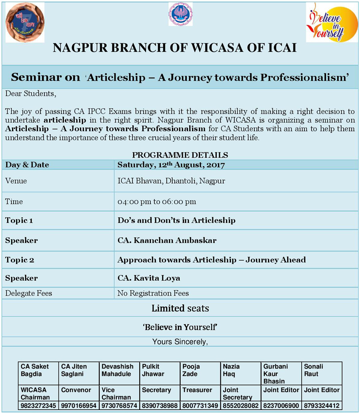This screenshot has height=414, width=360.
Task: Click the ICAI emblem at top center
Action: coord(180,14)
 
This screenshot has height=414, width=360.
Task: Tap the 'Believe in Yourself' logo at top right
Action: coord(332,22)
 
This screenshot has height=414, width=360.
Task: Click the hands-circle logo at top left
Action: coord(25,22)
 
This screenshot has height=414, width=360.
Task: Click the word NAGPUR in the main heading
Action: coord(76,48)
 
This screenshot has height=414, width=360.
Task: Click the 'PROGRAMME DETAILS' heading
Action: coord(180,155)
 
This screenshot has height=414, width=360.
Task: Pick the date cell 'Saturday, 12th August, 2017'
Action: coord(171,165)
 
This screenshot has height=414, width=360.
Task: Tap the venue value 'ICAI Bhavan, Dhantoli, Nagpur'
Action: coord(171,181)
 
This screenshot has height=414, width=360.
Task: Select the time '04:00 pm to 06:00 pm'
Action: coord(157,202)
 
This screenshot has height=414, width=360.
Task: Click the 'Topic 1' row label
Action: coord(19,220)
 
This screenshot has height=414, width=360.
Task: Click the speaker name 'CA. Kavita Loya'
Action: coord(149,278)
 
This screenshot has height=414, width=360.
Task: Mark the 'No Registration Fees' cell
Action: coord(153,293)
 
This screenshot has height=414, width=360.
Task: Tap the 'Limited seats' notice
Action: coord(180,308)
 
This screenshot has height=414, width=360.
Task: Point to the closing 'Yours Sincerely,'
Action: coord(180,342)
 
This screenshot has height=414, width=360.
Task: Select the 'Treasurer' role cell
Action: coord(197,390)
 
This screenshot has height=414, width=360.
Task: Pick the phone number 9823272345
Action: coord(39,405)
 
